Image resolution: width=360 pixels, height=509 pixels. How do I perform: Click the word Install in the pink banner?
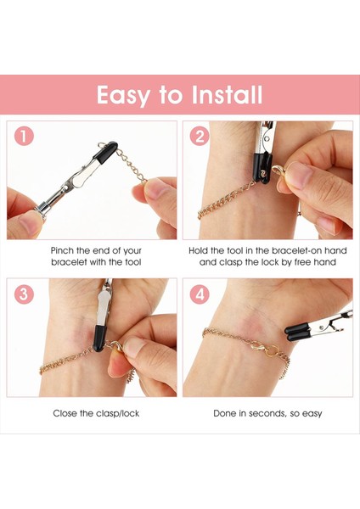point(227,94)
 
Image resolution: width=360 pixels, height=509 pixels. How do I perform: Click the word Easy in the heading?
point(123,95)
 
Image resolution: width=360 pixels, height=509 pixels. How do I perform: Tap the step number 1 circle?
point(24,136)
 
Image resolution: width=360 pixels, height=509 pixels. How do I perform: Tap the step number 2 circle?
point(200,136)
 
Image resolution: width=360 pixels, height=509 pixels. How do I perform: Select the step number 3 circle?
point(24,294)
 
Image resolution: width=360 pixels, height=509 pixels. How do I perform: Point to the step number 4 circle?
point(200,294)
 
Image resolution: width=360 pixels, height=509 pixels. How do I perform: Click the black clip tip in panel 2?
point(262,168)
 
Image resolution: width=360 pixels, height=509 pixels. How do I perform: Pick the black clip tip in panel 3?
point(99,338)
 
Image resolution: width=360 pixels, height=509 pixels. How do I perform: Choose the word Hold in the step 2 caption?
point(198,250)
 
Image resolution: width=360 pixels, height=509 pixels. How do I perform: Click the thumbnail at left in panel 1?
point(28,223)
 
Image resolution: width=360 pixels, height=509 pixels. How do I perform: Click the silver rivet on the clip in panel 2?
point(267,138)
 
